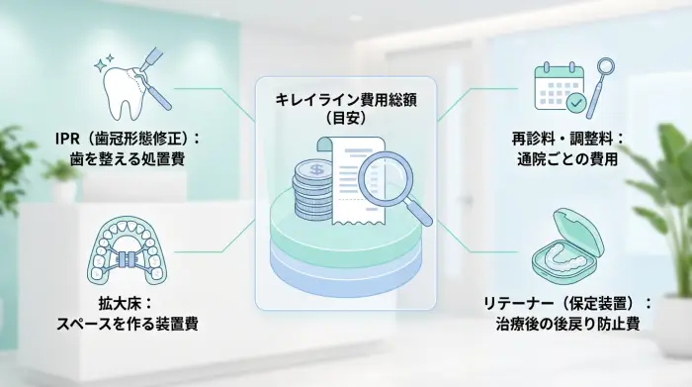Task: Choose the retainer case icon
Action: tap(562, 242)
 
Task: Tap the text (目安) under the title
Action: tap(347, 118)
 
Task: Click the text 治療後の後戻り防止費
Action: tap(566, 321)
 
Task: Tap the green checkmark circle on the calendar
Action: tap(572, 102)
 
